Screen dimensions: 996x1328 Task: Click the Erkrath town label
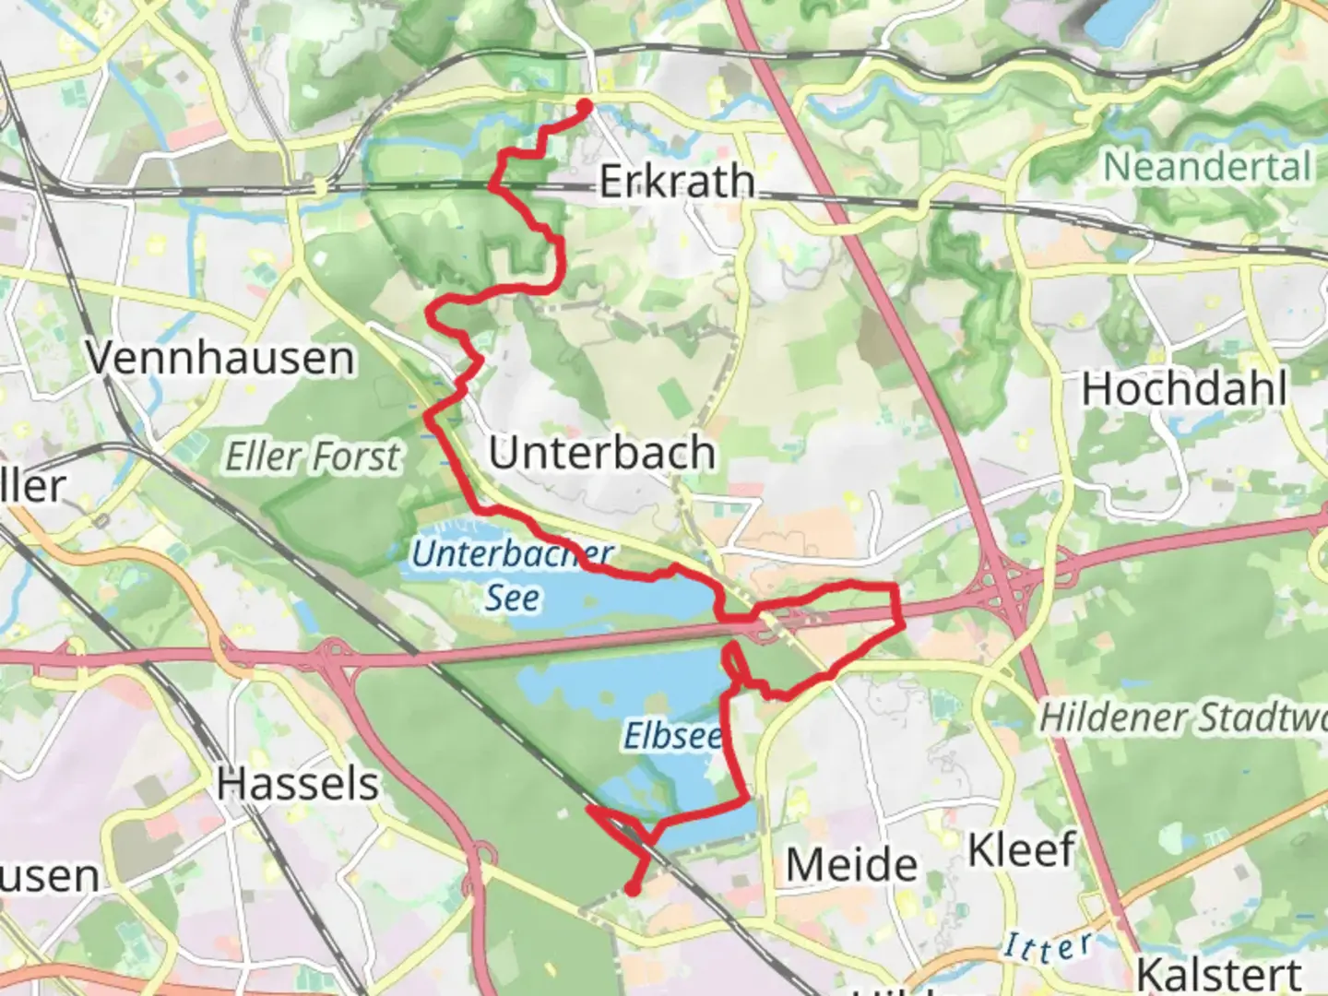[676, 181]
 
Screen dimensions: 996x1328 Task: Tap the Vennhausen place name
[220, 357]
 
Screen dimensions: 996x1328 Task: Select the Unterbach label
[602, 453]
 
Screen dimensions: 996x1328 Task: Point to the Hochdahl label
[1184, 389]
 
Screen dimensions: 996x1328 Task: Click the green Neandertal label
[1207, 167]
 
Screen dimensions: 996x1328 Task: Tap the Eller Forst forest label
[314, 456]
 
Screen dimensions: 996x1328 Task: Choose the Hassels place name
[298, 784]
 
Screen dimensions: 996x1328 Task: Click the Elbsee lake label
[672, 736]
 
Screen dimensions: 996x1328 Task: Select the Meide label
[851, 865]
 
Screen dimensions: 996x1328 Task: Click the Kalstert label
[1219, 973]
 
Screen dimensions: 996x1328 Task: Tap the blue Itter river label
[1048, 946]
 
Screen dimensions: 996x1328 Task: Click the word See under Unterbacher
[513, 598]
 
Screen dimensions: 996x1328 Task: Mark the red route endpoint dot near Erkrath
[585, 106]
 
